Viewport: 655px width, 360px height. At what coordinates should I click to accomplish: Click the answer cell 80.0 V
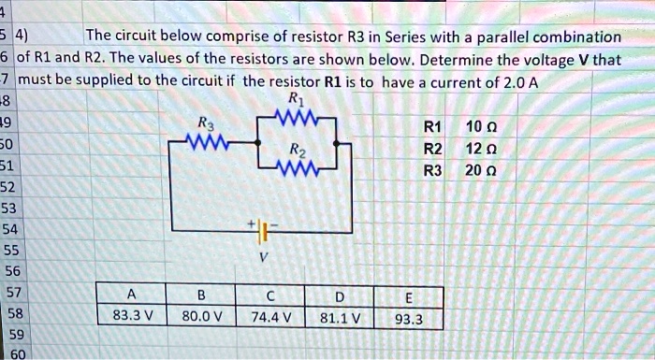[x=200, y=315]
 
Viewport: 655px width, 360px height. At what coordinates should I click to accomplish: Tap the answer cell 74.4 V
[x=270, y=315]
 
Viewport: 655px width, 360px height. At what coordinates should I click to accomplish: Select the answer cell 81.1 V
[x=341, y=315]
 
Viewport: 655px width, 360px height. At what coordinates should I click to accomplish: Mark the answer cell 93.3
[x=409, y=318]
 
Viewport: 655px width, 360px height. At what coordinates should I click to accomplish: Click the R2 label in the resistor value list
[x=432, y=148]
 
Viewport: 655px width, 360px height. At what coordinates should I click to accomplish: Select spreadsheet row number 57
[x=12, y=292]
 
